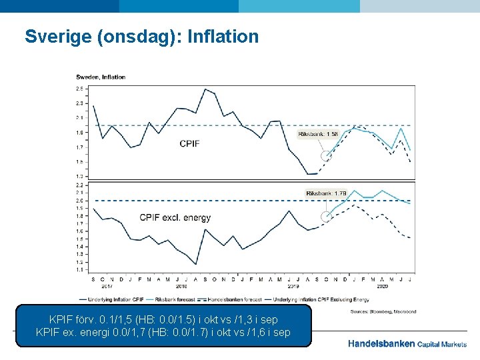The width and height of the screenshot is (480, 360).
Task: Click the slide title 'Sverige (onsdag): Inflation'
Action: tap(141, 36)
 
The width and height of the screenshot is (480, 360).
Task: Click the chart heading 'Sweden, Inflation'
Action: tap(101, 77)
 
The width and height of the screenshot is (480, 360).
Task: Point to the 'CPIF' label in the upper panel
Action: tap(189, 143)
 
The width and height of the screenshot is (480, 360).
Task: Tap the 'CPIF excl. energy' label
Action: tap(175, 217)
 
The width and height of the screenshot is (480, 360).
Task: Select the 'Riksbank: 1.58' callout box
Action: tap(318, 134)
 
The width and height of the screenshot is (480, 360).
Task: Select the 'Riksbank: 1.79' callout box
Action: tap(326, 193)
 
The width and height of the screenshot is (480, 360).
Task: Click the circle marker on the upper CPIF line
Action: tap(326, 156)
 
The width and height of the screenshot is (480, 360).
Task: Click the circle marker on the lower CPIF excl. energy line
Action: tap(326, 216)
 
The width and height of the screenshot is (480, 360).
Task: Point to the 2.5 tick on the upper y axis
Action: tap(79, 89)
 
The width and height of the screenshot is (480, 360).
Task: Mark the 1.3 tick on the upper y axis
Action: tap(79, 176)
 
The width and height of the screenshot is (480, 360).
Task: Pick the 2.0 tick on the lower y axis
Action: tap(79, 201)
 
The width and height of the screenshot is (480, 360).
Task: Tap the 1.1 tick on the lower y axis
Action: tap(79, 270)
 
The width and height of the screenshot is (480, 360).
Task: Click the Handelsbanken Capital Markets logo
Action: tap(407, 344)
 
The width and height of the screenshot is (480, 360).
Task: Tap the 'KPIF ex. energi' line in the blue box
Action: tap(163, 332)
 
